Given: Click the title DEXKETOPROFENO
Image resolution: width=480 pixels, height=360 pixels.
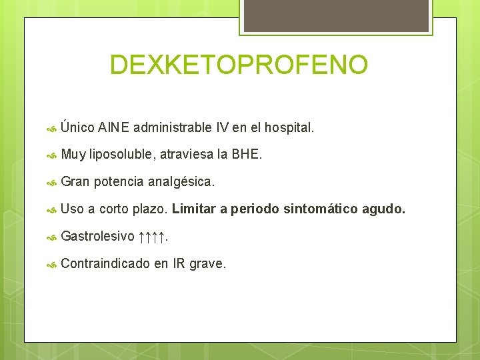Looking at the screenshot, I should tap(239, 65).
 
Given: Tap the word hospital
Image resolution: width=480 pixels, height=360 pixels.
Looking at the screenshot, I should tap(289, 127).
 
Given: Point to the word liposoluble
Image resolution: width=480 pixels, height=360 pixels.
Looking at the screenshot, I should tap(122, 155).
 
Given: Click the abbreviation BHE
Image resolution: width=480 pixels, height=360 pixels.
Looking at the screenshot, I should tap(247, 155).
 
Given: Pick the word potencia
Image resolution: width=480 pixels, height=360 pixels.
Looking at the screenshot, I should tap(119, 182).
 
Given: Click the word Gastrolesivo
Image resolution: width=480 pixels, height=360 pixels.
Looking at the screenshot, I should tap(97, 237).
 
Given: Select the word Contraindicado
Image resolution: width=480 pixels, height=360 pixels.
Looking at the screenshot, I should tap(105, 264).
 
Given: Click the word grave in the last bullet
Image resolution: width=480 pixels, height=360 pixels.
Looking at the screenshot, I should tap(207, 264).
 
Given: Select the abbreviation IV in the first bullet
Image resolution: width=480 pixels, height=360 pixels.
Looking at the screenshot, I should tap(223, 127).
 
